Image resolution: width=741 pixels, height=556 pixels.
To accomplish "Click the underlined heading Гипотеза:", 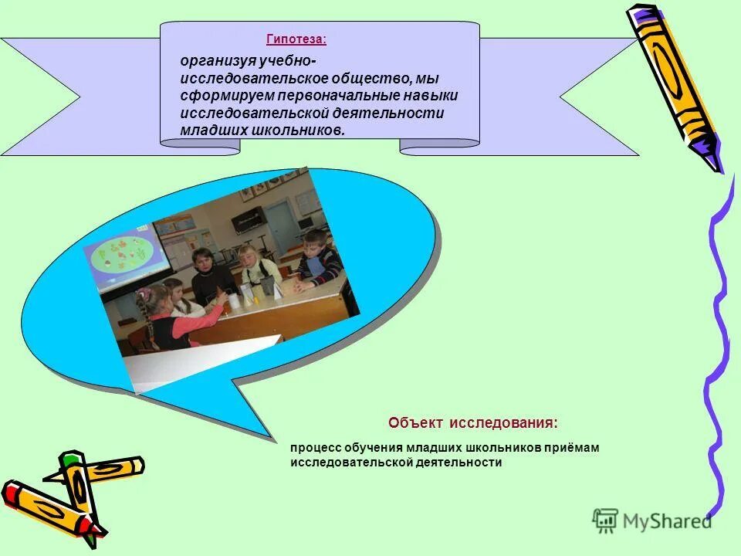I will click(296, 39).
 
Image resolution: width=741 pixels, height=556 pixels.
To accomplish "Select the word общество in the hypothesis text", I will click(366, 78).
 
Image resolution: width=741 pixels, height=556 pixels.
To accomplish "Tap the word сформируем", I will click(218, 95).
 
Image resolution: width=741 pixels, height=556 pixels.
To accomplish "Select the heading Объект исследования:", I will click(472, 423).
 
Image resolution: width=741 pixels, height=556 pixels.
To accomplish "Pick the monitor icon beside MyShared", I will click(605, 521).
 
